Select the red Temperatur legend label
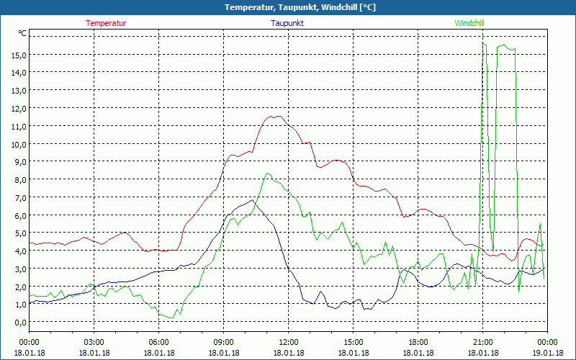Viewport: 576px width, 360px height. (106, 23)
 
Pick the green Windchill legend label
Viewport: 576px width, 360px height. (469, 23)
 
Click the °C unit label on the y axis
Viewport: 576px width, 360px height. (22, 33)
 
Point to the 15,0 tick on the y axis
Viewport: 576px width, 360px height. (19, 55)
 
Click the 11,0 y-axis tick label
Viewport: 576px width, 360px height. (19, 126)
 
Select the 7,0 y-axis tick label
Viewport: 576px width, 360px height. (19, 197)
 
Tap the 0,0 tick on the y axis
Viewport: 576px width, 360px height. (19, 322)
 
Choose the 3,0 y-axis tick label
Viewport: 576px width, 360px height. (19, 269)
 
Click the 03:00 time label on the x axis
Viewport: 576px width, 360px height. (94, 341)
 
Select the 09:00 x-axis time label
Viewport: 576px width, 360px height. (223, 341)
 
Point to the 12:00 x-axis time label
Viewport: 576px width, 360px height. (288, 341)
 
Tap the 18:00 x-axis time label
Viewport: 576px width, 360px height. (418, 341)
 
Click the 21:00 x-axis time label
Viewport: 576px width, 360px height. (482, 341)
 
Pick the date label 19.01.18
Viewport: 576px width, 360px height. (547, 353)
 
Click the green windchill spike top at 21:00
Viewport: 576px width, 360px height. (483, 43)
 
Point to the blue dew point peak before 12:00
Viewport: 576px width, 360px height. (252, 199)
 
